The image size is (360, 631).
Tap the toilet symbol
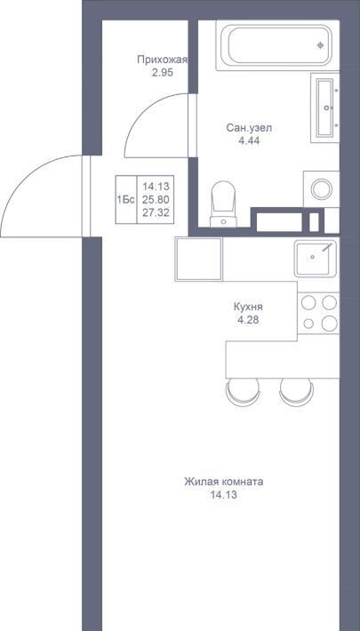tap(223, 204)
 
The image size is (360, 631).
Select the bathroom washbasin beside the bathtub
tap(325, 108)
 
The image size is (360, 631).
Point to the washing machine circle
tap(322, 189)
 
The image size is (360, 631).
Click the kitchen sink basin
tap(315, 259)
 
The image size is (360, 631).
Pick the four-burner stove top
tap(318, 313)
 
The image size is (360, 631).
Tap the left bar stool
tap(243, 392)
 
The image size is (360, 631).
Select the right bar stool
tap(297, 392)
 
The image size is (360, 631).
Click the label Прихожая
tap(163, 60)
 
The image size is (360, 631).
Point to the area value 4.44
tap(249, 140)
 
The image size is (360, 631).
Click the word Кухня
tap(248, 307)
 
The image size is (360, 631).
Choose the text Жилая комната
tap(224, 482)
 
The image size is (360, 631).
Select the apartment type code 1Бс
tap(125, 200)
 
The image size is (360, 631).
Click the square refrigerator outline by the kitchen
tap(198, 259)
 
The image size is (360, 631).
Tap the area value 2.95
tap(163, 74)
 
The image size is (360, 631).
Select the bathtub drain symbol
tap(321, 45)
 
